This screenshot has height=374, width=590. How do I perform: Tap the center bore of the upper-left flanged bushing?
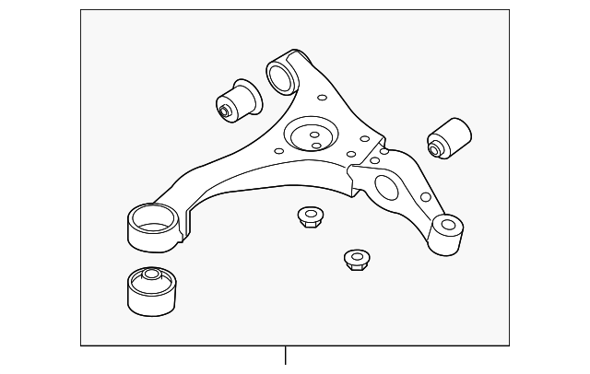225,111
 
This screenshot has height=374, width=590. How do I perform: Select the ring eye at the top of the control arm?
281,73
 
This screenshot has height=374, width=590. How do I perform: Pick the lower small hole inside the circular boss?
315,145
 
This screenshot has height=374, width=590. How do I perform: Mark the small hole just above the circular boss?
321,97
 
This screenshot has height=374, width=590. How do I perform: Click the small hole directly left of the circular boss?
277,147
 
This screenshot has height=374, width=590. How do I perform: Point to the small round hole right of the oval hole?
425,196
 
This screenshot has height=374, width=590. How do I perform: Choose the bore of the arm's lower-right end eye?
449,223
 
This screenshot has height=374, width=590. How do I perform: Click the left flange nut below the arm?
309,218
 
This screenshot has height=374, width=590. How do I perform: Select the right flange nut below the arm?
356,261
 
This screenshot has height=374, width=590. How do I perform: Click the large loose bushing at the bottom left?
150,290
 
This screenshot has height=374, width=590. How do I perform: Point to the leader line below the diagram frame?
286,358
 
